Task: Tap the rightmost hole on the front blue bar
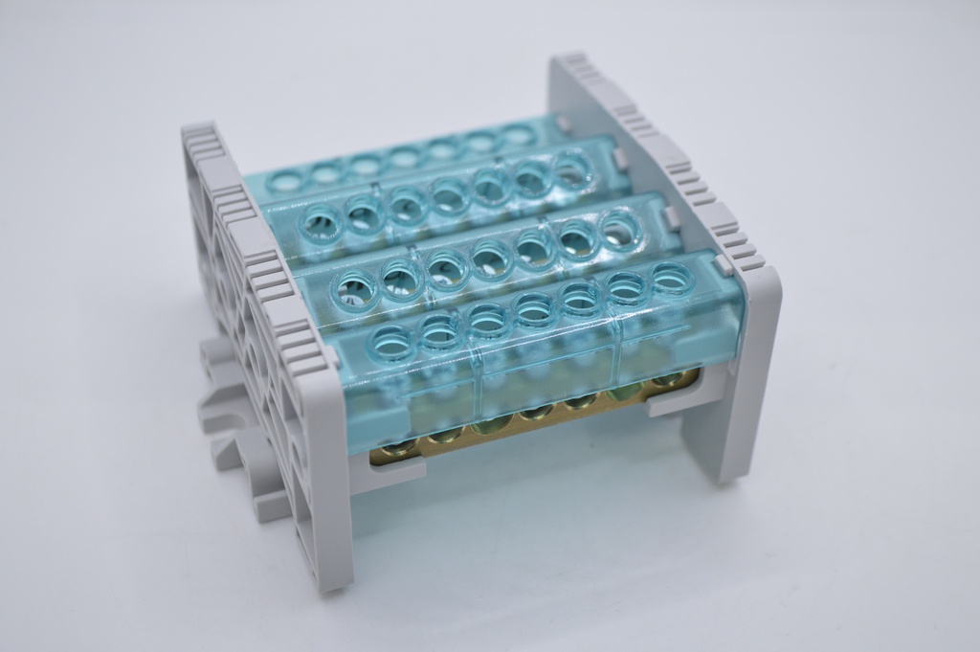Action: (672, 278)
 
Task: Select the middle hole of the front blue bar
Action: (534, 307)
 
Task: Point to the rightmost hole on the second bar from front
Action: (619, 231)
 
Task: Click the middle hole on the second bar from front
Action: (492, 259)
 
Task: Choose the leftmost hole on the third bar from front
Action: (321, 226)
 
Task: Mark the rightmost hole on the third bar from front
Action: (571, 172)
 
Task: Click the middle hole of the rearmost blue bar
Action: (403, 155)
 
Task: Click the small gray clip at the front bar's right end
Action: (724, 265)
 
